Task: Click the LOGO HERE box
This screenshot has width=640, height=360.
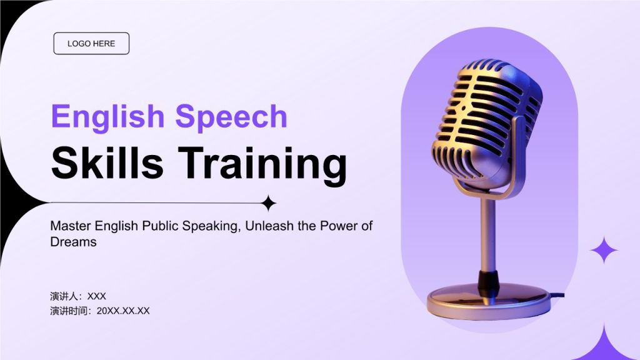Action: click(91, 43)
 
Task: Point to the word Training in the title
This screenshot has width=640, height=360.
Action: click(262, 165)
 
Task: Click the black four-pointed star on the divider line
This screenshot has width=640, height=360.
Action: click(268, 203)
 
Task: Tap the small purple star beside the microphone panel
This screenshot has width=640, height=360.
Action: click(604, 250)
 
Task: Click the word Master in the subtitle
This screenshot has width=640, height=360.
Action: click(71, 226)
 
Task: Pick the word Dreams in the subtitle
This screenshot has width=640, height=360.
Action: click(74, 242)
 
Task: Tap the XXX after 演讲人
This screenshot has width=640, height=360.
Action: click(97, 296)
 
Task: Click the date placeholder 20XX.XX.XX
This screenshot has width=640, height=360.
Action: click(123, 311)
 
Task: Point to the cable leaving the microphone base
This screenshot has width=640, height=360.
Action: click(557, 295)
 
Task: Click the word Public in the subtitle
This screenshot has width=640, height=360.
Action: click(160, 226)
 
